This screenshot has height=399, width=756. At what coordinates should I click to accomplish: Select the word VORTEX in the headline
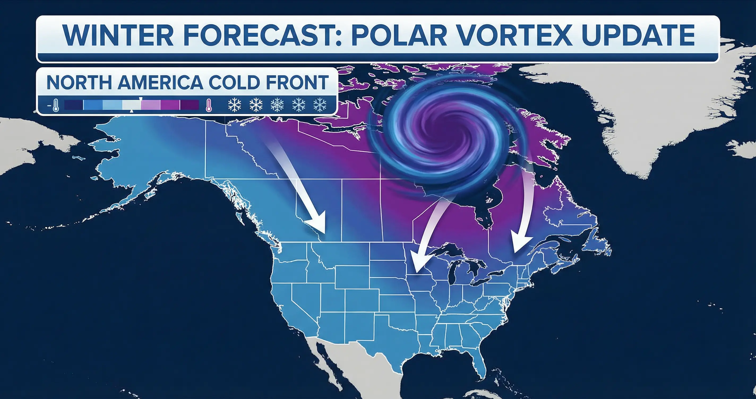[514, 35]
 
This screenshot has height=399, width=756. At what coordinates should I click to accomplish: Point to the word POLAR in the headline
[399, 35]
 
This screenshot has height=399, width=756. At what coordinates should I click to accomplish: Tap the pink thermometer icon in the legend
[209, 105]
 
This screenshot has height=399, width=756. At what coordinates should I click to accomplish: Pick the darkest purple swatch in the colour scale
[189, 105]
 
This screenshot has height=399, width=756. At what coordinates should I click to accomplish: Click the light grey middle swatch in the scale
[131, 105]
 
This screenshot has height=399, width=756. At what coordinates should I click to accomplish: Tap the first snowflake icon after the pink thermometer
[234, 105]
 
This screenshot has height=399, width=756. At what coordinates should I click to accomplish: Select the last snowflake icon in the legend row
[320, 105]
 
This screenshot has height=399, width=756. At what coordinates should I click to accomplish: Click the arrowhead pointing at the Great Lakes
[418, 264]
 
